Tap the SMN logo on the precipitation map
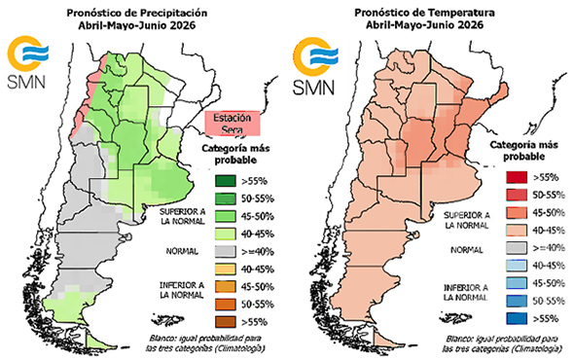(x=23, y=62)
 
